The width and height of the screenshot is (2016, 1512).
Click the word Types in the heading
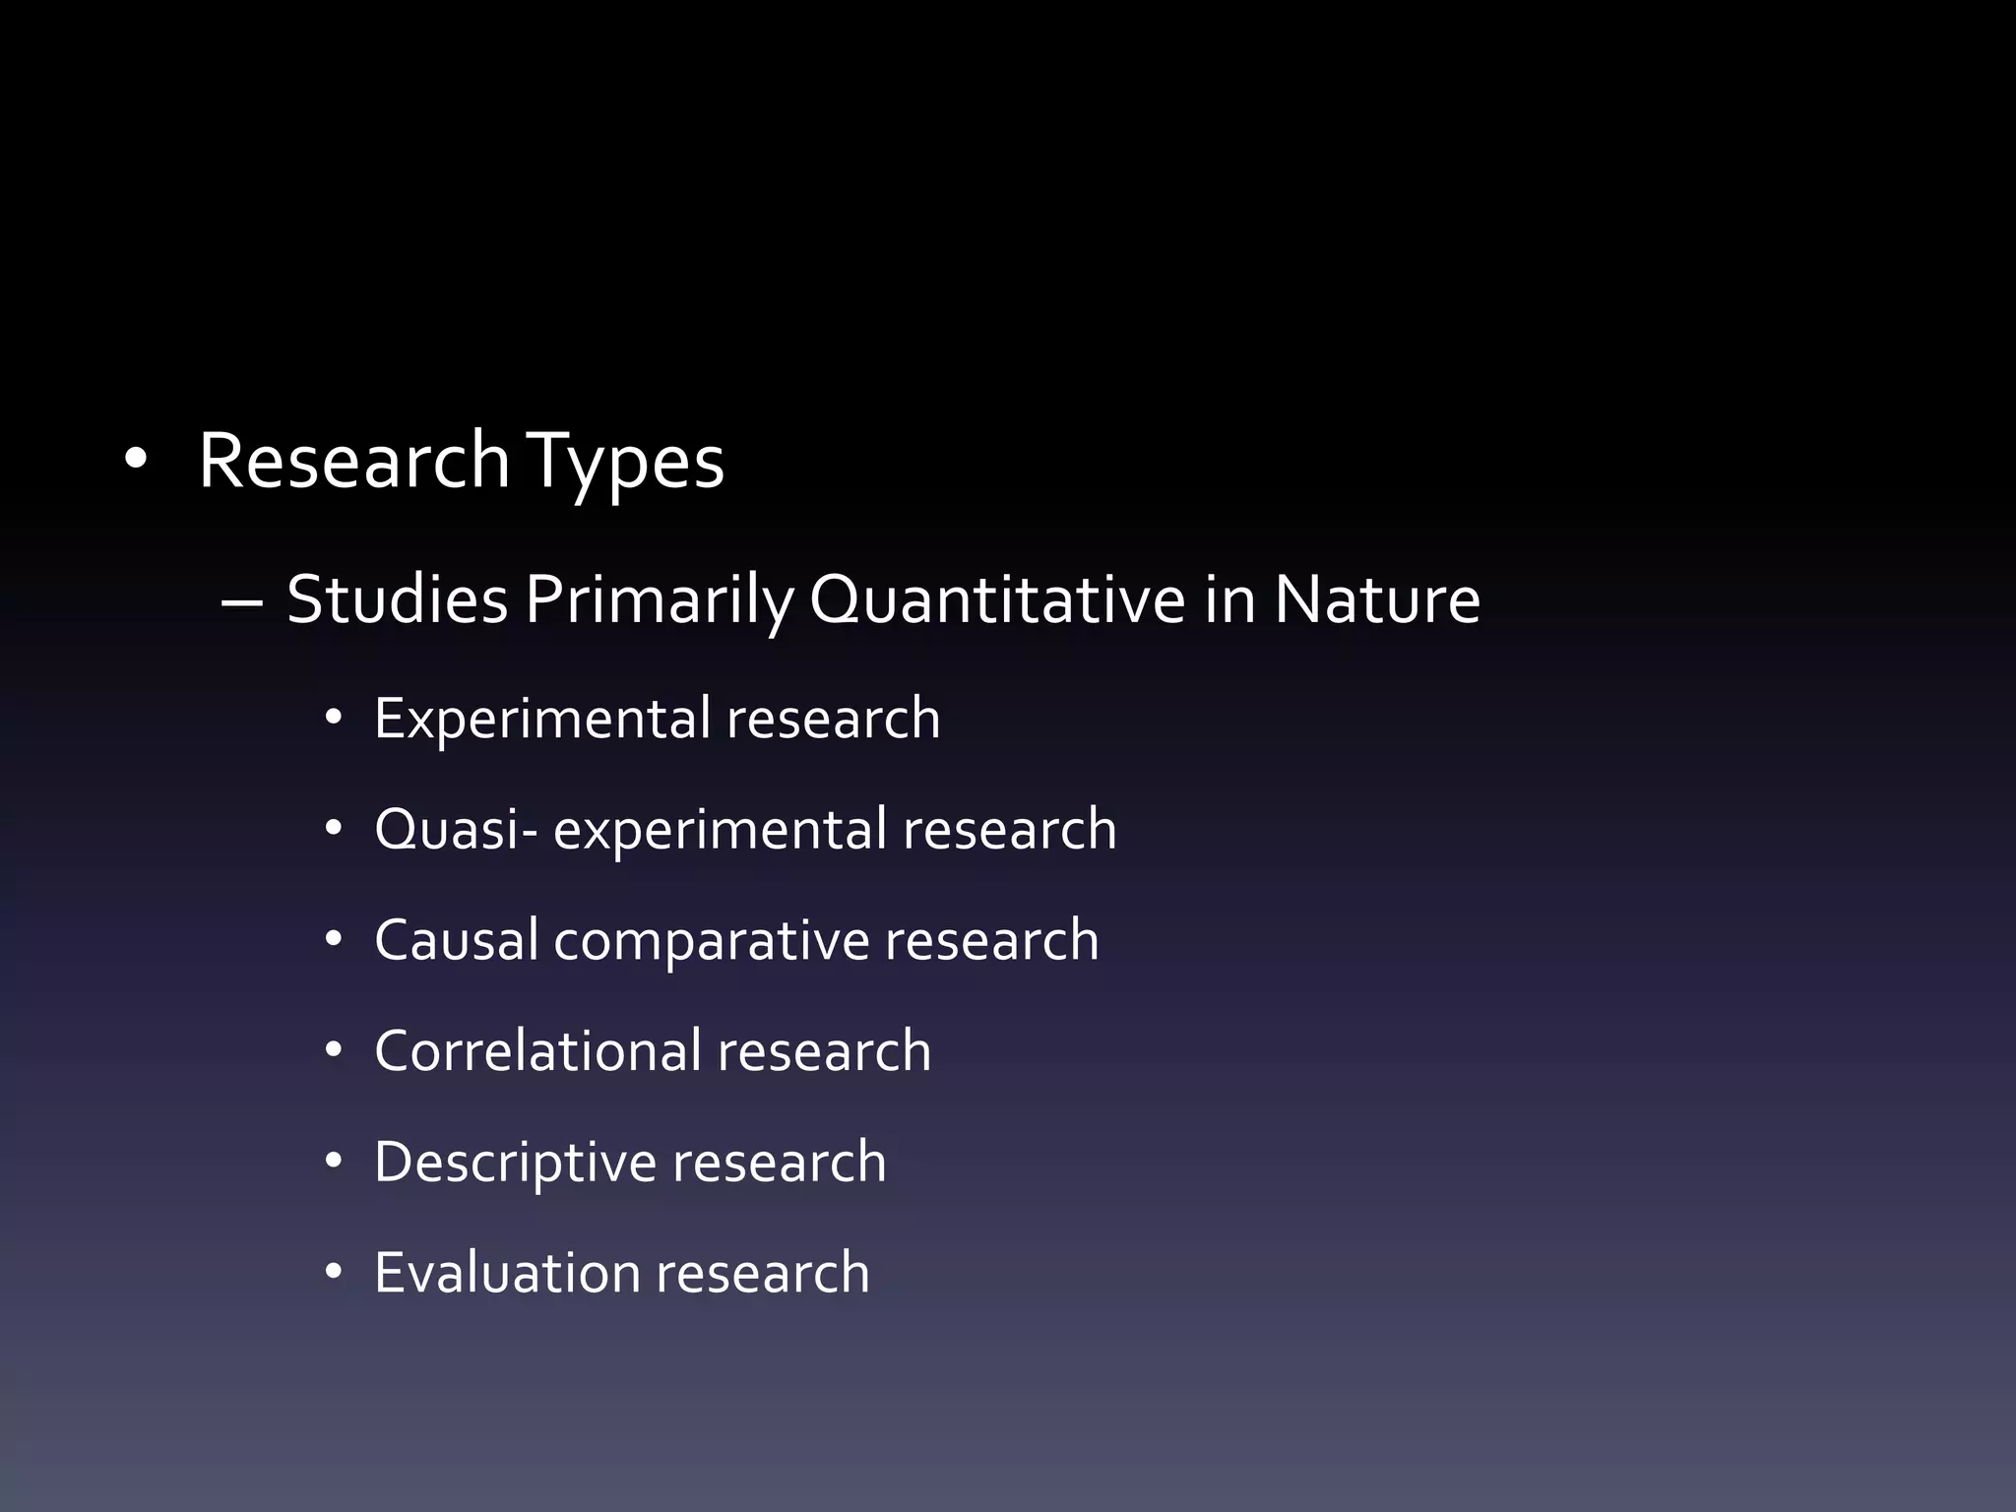click(626, 463)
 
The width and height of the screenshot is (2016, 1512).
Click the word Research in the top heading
click(354, 461)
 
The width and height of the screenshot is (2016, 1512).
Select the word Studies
click(397, 599)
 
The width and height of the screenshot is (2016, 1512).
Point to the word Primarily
click(658, 601)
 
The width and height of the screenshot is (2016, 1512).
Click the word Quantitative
click(996, 601)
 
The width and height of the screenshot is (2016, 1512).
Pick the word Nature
click(1376, 599)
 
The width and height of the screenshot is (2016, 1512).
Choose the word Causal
click(456, 940)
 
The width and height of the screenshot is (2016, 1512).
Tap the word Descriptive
click(515, 1163)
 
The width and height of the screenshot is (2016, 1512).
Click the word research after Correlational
click(824, 1050)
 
